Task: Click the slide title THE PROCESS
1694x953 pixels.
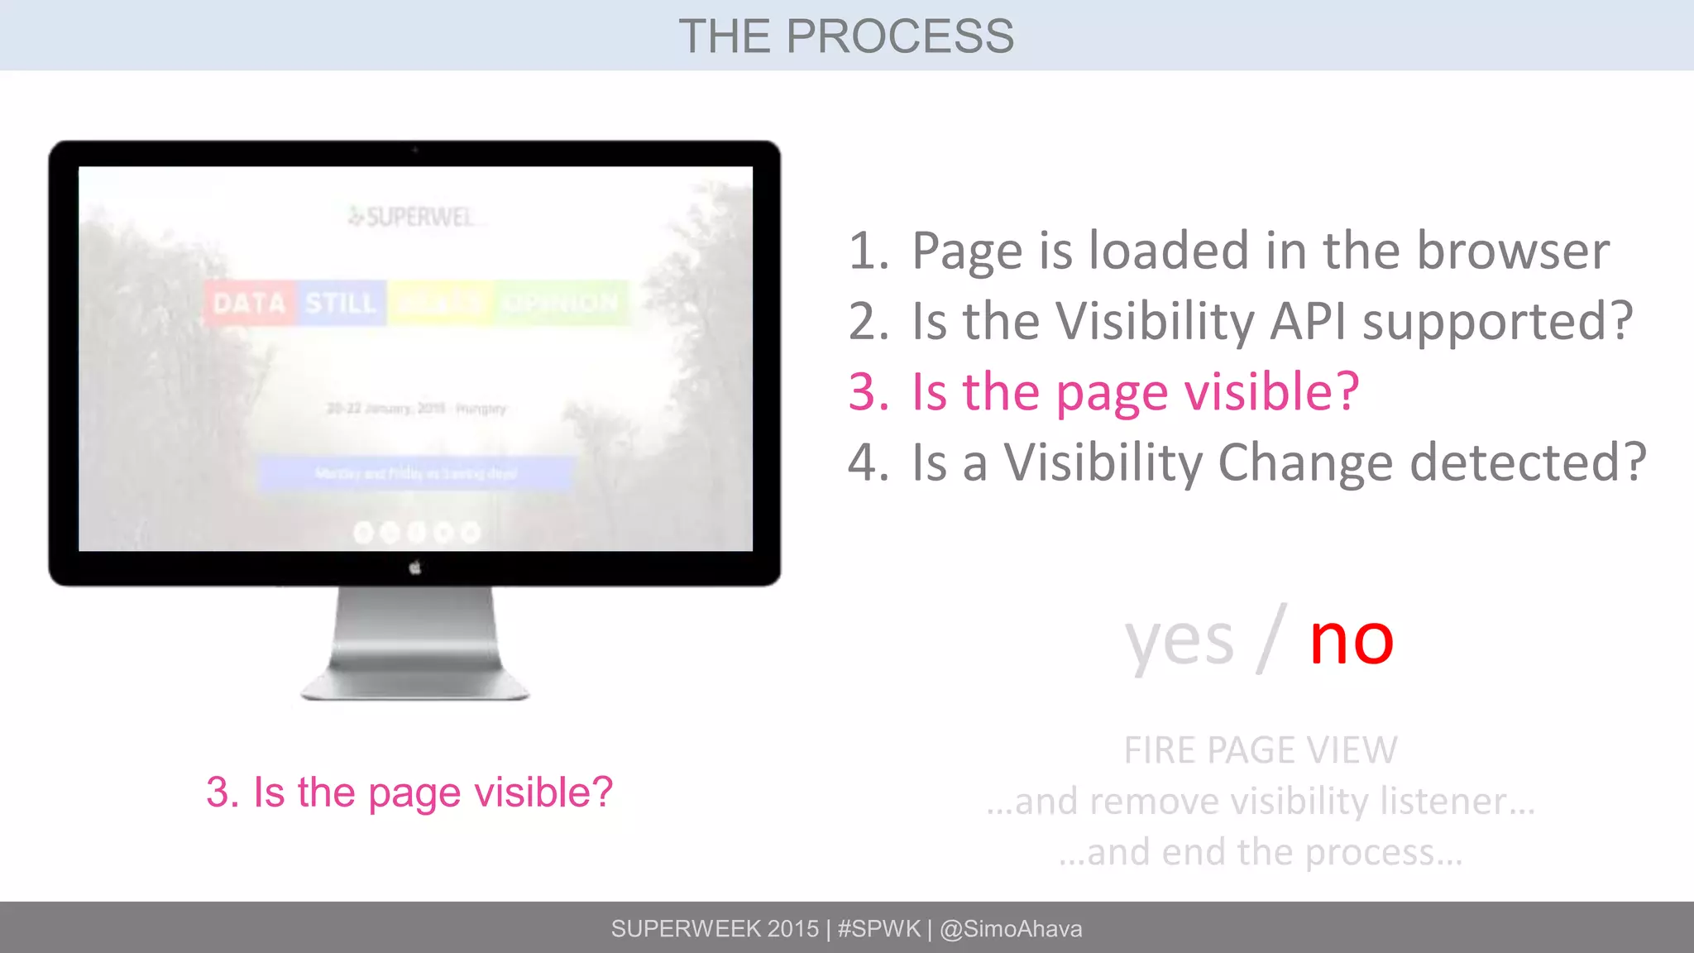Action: click(846, 36)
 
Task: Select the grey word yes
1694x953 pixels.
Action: click(1179, 642)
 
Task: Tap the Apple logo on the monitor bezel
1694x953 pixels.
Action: click(415, 567)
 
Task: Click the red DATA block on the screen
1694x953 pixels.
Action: click(249, 303)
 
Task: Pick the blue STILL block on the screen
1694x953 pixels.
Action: click(341, 303)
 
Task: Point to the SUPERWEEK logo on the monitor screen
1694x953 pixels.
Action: click(412, 217)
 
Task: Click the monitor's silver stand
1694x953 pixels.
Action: click(415, 645)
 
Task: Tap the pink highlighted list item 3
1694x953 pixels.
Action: click(1104, 391)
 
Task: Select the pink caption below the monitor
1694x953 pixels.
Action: click(409, 792)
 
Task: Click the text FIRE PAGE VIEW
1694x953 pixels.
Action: click(1261, 750)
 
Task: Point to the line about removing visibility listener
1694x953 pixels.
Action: click(1261, 801)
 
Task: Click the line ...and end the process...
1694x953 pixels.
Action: click(1261, 852)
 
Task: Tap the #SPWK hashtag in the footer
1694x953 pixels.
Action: click(878, 928)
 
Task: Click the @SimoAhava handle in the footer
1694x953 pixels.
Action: click(1011, 928)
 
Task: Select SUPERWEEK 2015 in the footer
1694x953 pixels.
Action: click(715, 928)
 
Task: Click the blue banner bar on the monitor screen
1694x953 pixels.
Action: click(415, 473)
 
